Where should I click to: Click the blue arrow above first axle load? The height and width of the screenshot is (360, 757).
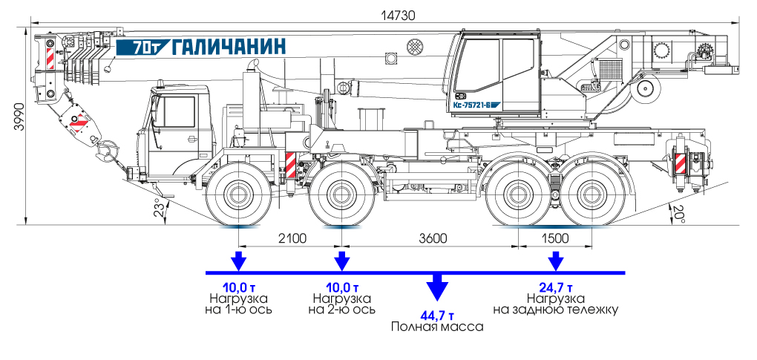click(x=238, y=261)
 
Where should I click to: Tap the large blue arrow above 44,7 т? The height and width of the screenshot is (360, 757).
click(x=436, y=285)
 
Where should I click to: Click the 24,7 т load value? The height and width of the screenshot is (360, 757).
click(x=555, y=287)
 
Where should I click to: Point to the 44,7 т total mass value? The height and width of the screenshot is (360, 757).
click(x=436, y=314)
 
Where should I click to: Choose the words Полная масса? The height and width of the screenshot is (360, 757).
click(x=436, y=327)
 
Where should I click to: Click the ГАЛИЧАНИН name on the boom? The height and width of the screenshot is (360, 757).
click(x=229, y=47)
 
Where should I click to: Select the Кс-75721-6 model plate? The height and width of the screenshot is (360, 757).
click(x=476, y=105)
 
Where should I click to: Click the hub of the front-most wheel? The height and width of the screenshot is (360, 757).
click(x=238, y=196)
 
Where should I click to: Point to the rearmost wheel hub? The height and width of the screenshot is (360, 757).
click(x=591, y=196)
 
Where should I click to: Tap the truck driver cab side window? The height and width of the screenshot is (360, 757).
click(x=178, y=111)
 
